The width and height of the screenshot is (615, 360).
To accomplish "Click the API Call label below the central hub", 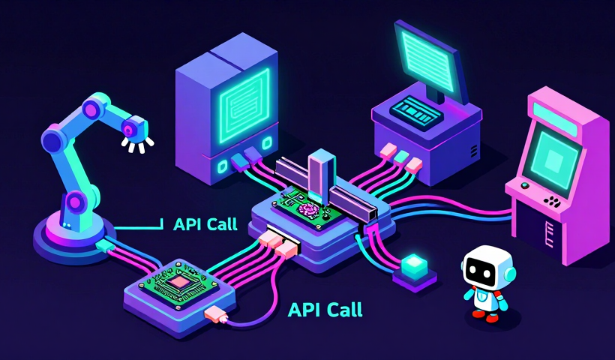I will coord(325,309).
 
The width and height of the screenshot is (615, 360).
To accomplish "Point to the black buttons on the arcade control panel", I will coord(552,201).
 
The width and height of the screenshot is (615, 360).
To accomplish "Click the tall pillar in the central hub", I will coord(320,176).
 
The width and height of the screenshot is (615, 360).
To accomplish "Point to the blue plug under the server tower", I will coord(239,159).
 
